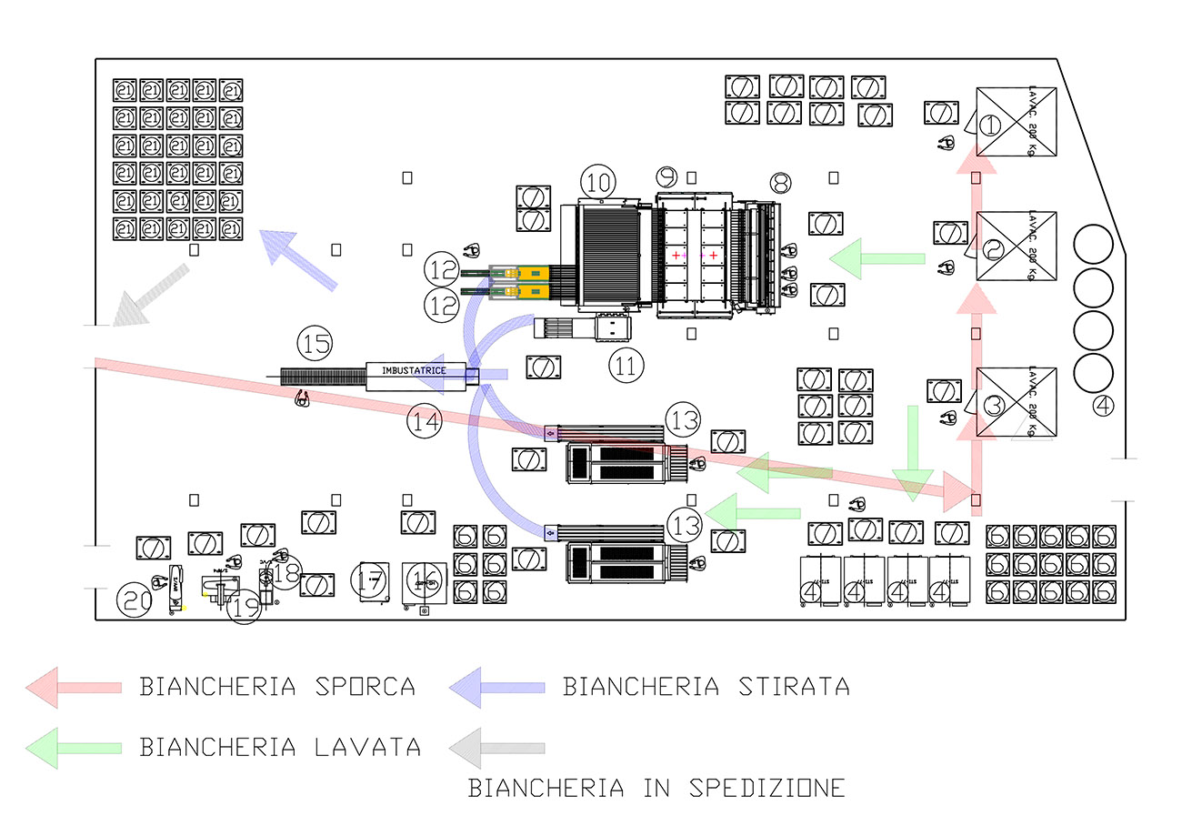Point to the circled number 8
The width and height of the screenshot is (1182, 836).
[x=780, y=183]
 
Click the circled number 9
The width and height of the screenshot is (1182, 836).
[x=668, y=176]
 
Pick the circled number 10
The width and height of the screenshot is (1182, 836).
[x=599, y=182]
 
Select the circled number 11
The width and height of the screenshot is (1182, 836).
[x=626, y=366]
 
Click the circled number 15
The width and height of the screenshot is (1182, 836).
[x=315, y=345]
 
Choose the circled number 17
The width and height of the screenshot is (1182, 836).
[x=370, y=582]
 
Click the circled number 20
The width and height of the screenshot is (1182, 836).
[x=135, y=600]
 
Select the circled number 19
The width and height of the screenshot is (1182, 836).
[x=244, y=608]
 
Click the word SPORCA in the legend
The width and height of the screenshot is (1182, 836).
[x=364, y=686]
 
